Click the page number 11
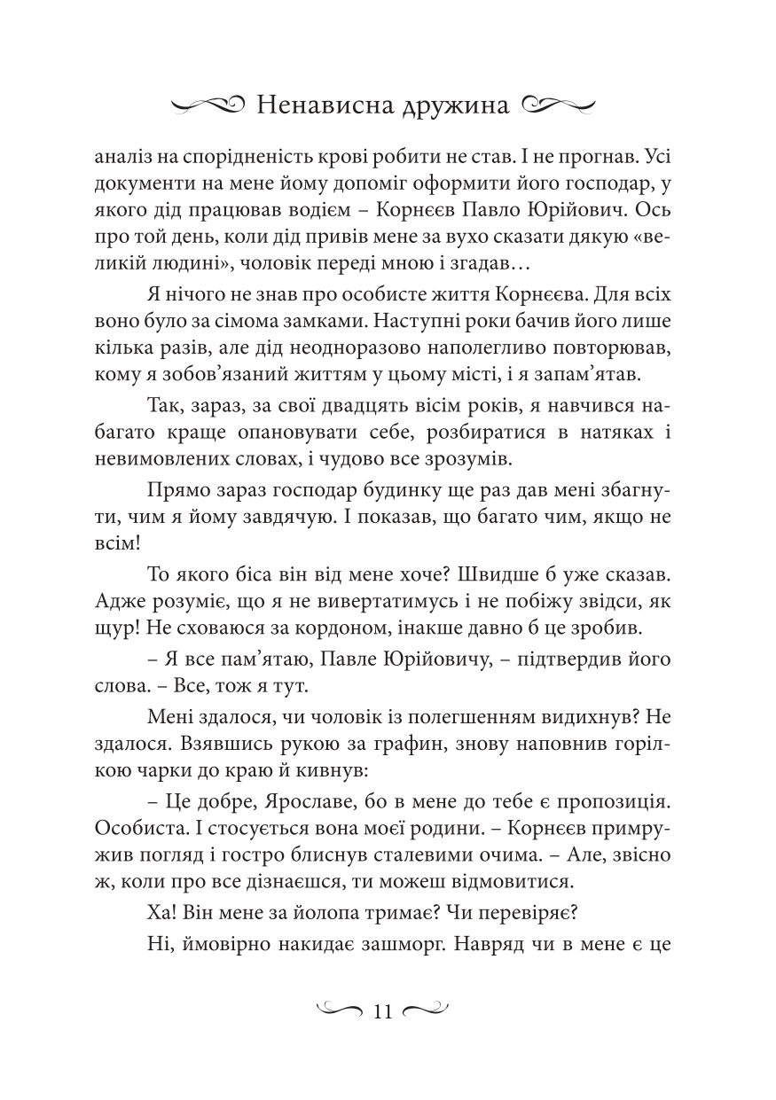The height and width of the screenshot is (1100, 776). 384,1011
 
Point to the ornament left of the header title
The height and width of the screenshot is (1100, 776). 207,106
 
